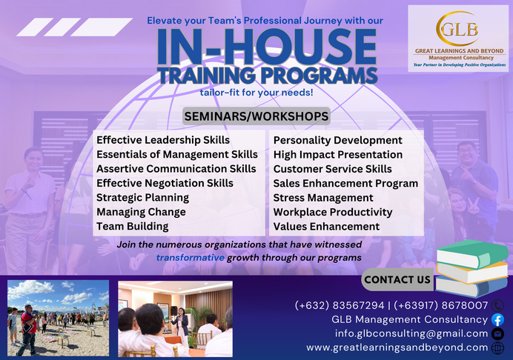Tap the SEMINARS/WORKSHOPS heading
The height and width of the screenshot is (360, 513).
tap(256, 116)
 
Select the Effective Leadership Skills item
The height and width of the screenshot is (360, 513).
tap(163, 140)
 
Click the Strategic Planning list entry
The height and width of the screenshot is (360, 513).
tap(142, 198)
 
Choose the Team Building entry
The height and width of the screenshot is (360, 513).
tap(132, 227)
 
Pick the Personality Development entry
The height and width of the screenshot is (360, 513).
tap(337, 140)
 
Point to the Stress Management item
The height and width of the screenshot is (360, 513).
tap(322, 198)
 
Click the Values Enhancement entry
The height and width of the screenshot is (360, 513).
tap(326, 227)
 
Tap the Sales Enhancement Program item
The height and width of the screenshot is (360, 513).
tap(345, 183)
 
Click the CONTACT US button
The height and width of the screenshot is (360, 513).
tap(397, 279)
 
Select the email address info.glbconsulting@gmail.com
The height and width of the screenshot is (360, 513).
tap(408, 333)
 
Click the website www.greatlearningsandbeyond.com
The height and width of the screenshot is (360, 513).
tap(397, 347)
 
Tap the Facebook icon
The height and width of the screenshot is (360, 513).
tap(497, 320)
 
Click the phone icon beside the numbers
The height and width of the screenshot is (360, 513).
tap(497, 305)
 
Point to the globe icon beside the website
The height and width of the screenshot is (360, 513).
tap(497, 347)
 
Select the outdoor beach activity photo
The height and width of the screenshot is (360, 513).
tap(58, 318)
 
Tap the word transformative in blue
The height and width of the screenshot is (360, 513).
tap(190, 257)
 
